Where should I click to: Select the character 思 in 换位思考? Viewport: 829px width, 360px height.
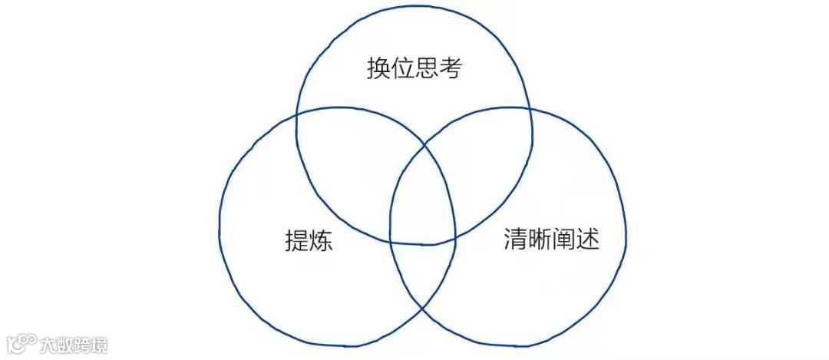427,70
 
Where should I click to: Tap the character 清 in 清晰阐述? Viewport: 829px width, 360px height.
516,239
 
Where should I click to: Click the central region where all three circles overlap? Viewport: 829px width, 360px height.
422,203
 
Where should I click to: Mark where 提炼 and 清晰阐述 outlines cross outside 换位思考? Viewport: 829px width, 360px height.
423,309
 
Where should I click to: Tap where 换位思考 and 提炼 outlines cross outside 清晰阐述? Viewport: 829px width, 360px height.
296,117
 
